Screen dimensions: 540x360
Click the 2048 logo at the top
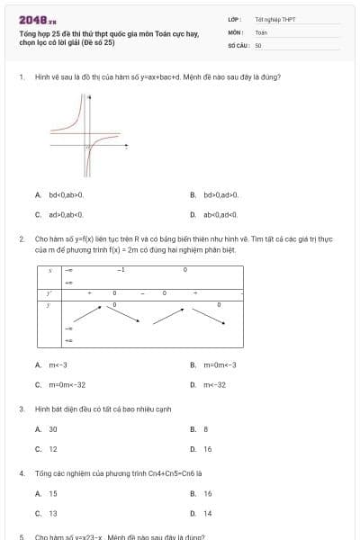point(38,19)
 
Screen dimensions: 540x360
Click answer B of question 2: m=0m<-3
point(220,364)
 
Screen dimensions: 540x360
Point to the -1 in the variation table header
point(121,269)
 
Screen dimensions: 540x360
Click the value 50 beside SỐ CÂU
point(258,44)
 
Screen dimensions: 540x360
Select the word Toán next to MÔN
point(261,31)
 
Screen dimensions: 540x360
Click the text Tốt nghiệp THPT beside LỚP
point(274,19)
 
